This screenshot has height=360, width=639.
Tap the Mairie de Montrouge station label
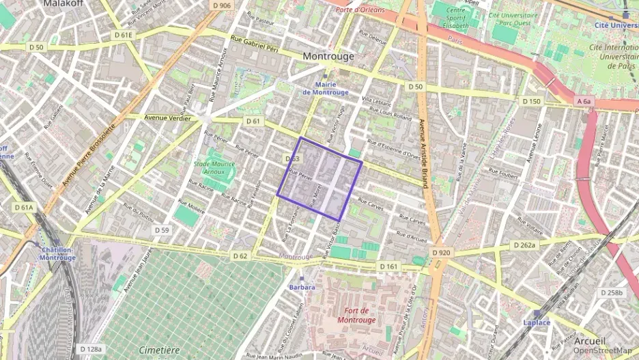click(x=325, y=88)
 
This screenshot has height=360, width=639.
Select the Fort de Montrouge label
click(x=356, y=316)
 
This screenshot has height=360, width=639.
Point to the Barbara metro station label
click(x=302, y=288)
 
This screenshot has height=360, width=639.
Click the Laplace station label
click(x=536, y=322)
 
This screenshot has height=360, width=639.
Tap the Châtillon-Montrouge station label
click(x=57, y=253)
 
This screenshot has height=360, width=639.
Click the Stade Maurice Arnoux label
click(x=214, y=167)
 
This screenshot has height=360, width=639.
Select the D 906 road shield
click(x=221, y=5)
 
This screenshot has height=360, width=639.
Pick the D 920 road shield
click(x=441, y=253)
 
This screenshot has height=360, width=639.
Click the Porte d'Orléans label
click(x=360, y=10)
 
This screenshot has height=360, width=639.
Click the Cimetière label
click(x=159, y=349)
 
